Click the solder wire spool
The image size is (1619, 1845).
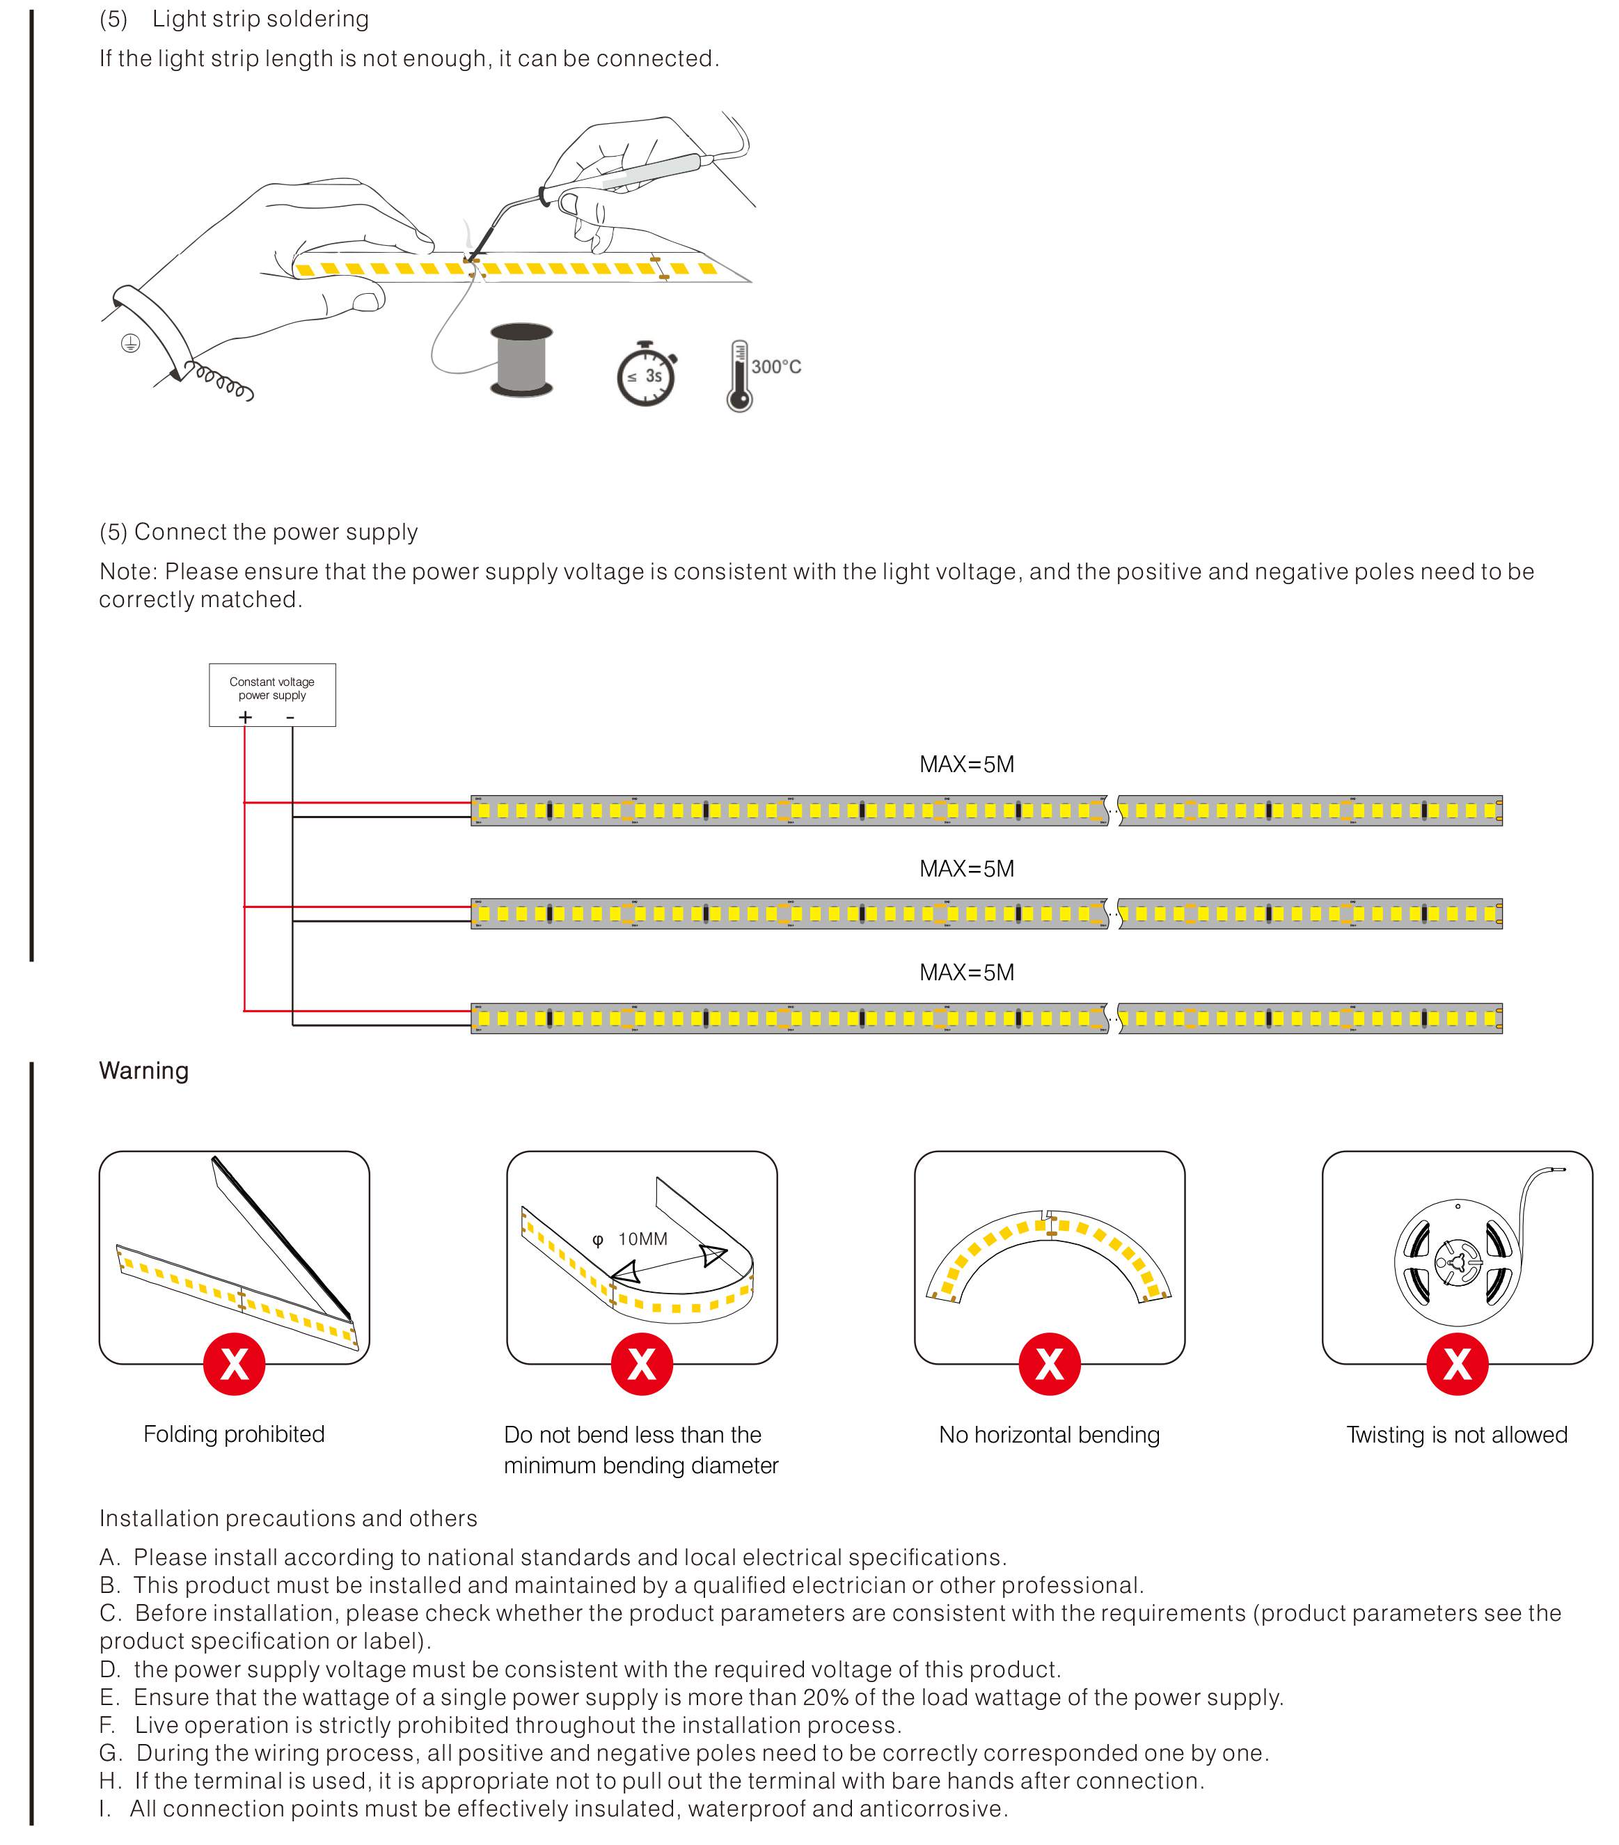(521, 359)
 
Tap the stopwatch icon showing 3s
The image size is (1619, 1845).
(645, 375)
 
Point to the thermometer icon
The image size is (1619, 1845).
(739, 377)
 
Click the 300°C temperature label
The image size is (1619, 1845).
(776, 366)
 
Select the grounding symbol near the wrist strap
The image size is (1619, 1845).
(131, 343)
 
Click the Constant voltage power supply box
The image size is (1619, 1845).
(271, 693)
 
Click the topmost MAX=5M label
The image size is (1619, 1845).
(967, 764)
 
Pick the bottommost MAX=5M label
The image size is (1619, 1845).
(967, 972)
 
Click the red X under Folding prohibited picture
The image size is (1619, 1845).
(234, 1363)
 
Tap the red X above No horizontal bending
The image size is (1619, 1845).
(1049, 1363)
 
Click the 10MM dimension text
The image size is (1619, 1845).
(642, 1239)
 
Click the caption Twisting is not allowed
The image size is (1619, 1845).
(1457, 1434)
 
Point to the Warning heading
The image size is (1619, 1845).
(143, 1071)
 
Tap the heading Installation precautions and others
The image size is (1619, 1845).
(288, 1518)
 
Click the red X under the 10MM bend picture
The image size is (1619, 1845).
(642, 1363)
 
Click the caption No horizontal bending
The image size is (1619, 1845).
(1049, 1434)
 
